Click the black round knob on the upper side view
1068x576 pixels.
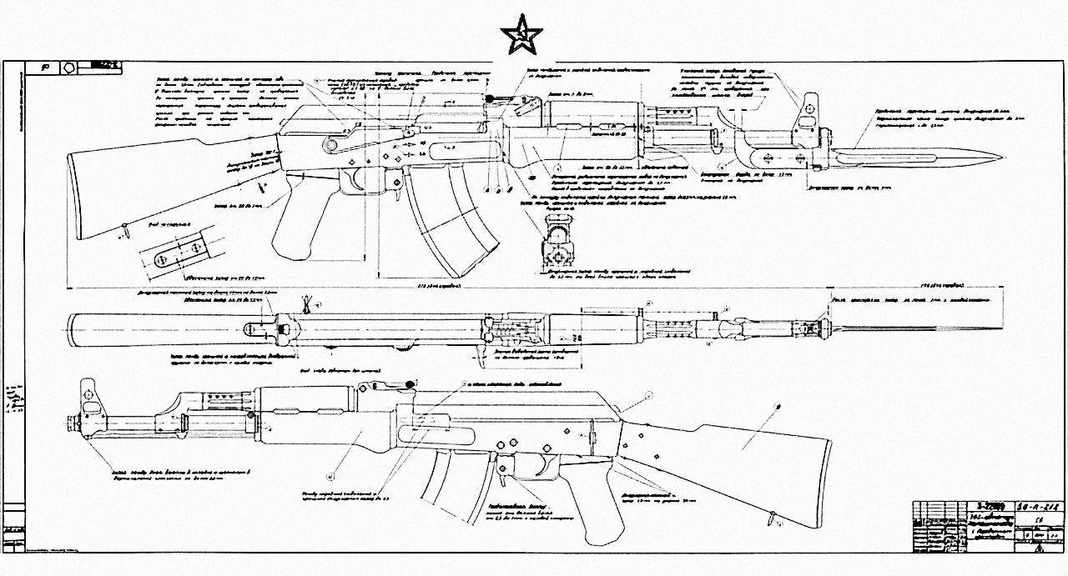pos(491,99)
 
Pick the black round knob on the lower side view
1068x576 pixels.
pos(410,383)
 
